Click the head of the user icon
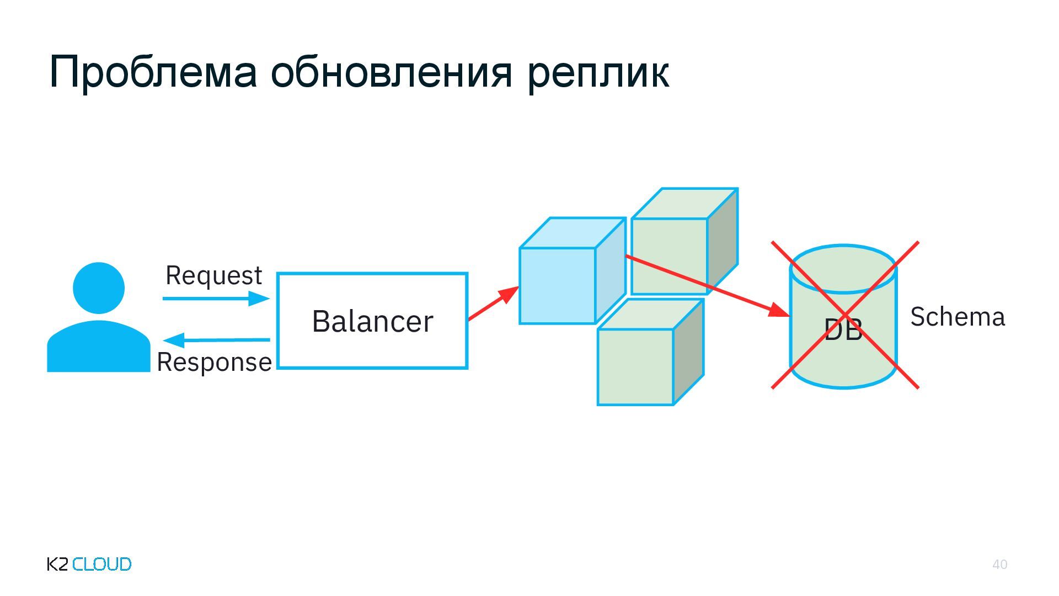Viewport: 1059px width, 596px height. [x=99, y=288]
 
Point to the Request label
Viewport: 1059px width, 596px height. [x=213, y=275]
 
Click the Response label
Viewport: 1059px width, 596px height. [x=214, y=363]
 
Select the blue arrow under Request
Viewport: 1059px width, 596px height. [x=216, y=299]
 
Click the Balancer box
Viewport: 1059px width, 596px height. [x=372, y=321]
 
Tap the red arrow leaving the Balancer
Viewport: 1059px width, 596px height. [x=493, y=303]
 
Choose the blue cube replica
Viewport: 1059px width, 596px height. [x=558, y=285]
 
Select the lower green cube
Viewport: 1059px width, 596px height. [x=635, y=366]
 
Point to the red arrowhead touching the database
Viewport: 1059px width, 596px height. [x=780, y=311]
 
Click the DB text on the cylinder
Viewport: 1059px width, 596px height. [x=843, y=330]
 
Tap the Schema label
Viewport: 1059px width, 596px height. [x=958, y=317]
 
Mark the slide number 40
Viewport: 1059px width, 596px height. [x=999, y=565]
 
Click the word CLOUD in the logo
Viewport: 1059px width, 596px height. [x=102, y=564]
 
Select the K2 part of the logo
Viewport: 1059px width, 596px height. [x=58, y=564]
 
